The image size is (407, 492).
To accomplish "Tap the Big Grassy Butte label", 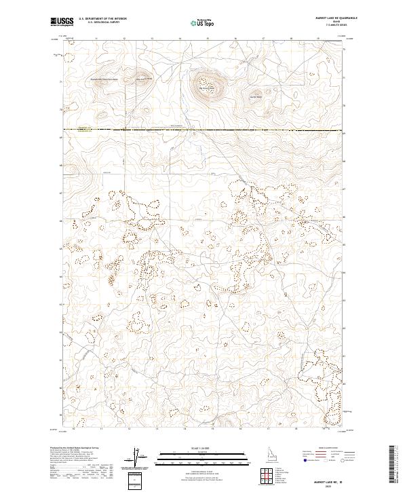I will pyautogui.click(x=206, y=88).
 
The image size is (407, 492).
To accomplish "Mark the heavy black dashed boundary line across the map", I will pyautogui.click(x=203, y=129).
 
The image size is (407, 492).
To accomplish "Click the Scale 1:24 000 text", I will pyautogui.click(x=203, y=448).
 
